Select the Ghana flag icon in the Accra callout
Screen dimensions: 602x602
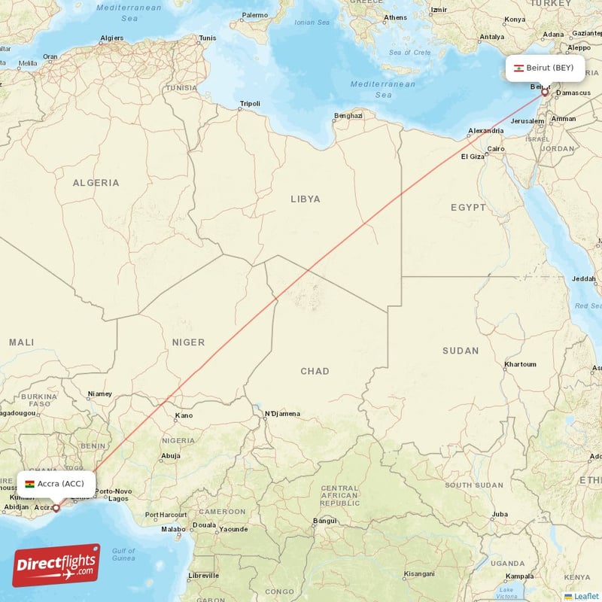point(29,484)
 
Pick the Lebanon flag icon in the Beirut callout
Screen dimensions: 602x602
point(518,68)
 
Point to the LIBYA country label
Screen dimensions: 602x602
point(306,199)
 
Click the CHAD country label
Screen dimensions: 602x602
point(314,371)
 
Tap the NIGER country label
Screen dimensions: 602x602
point(188,342)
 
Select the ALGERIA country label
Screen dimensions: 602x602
point(96,183)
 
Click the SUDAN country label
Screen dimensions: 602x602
point(460,351)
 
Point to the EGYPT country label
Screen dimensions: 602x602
point(468,208)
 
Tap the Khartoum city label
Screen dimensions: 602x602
point(520,364)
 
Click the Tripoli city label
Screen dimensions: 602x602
point(249,104)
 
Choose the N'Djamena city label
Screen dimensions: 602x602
point(282,414)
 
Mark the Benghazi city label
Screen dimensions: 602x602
point(348,116)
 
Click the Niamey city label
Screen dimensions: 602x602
point(99,394)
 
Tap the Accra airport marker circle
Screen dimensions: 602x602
point(56,508)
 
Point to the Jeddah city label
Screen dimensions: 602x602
point(583,279)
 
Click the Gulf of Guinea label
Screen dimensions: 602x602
point(123,555)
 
